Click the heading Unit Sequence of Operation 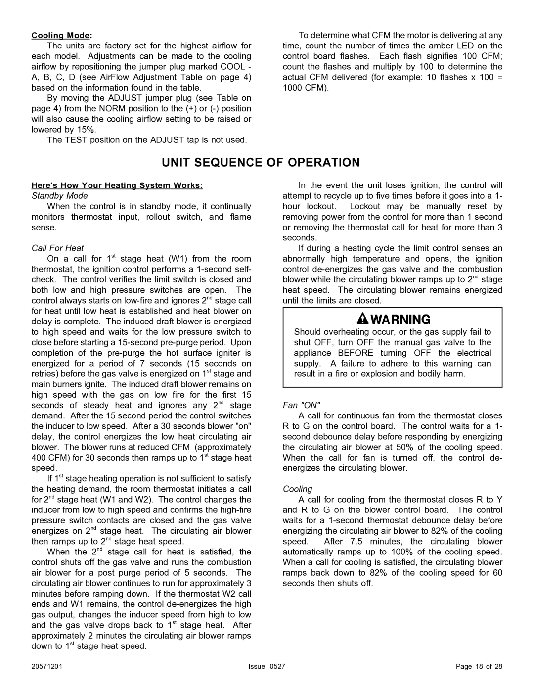[x=267, y=162]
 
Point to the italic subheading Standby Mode [x=59, y=196]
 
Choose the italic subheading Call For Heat [x=57, y=248]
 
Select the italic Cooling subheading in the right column [x=298, y=489]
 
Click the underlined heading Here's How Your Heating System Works [x=117, y=185]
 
